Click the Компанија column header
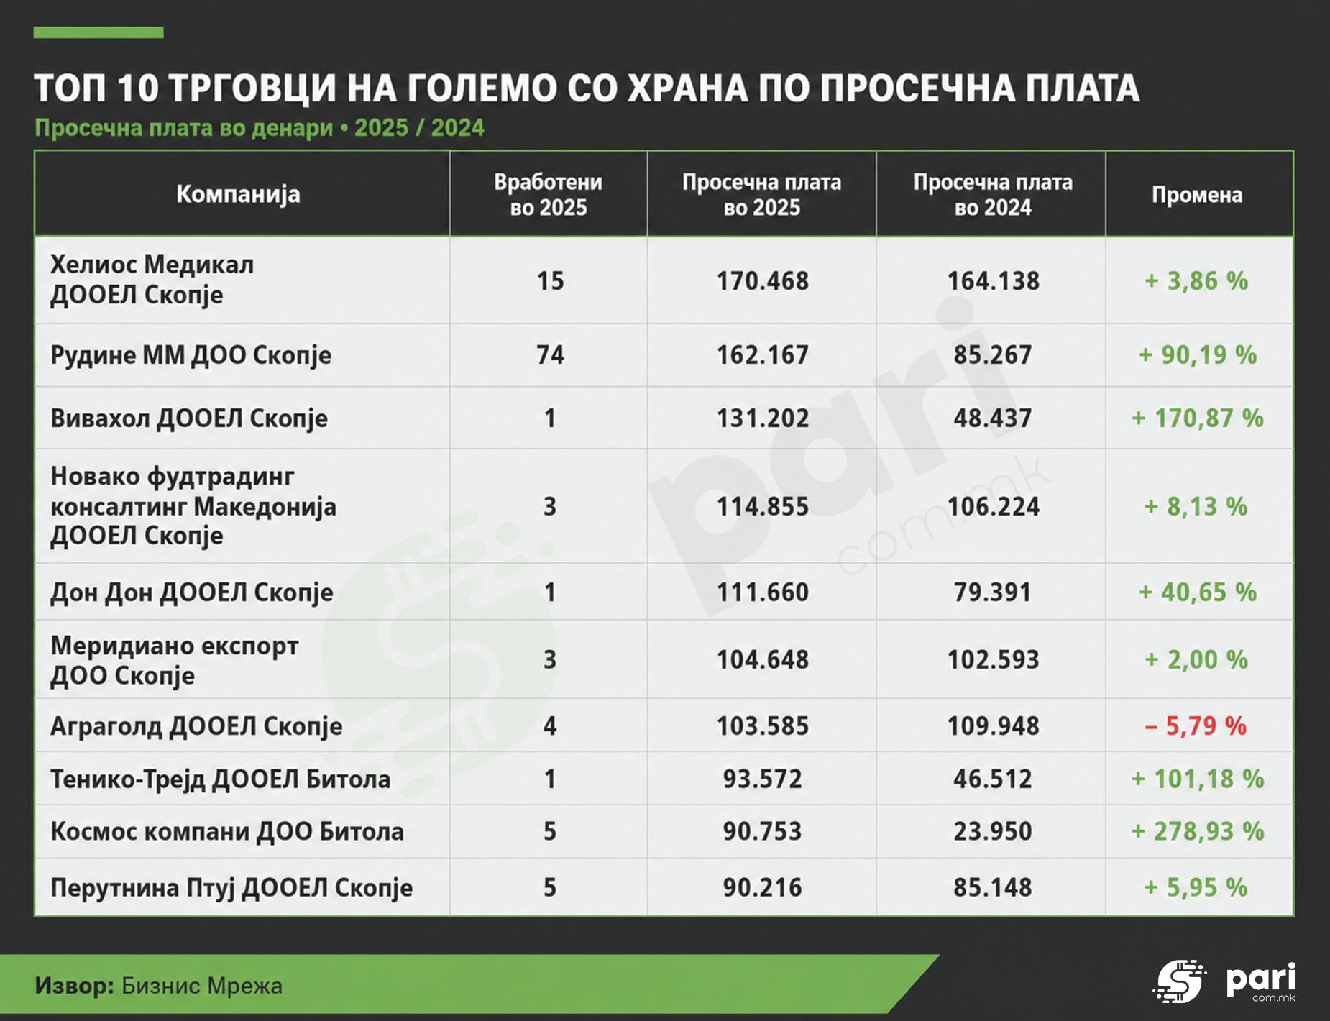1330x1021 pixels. point(238,194)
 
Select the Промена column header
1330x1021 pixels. point(1197,194)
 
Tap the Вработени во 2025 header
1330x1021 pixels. point(548,194)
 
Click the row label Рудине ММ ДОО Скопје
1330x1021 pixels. point(191,355)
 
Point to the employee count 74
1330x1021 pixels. point(550,354)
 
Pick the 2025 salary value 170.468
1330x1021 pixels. point(762,280)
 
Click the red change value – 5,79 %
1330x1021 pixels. point(1196,725)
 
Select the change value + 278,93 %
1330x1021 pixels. point(1198,831)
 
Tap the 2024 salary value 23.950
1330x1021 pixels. point(992,831)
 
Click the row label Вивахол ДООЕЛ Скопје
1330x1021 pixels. point(189,418)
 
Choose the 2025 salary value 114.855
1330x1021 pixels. point(762,506)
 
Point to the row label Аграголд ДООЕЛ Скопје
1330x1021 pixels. point(196,726)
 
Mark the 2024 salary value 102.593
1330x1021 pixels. point(993,659)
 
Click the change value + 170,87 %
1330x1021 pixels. point(1198,418)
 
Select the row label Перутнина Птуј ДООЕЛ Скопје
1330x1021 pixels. point(231,888)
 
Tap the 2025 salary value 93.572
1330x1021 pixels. point(762,779)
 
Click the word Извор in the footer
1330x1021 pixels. point(74,985)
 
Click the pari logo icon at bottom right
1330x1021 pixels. point(1179,981)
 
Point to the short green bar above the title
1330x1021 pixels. point(98,32)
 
